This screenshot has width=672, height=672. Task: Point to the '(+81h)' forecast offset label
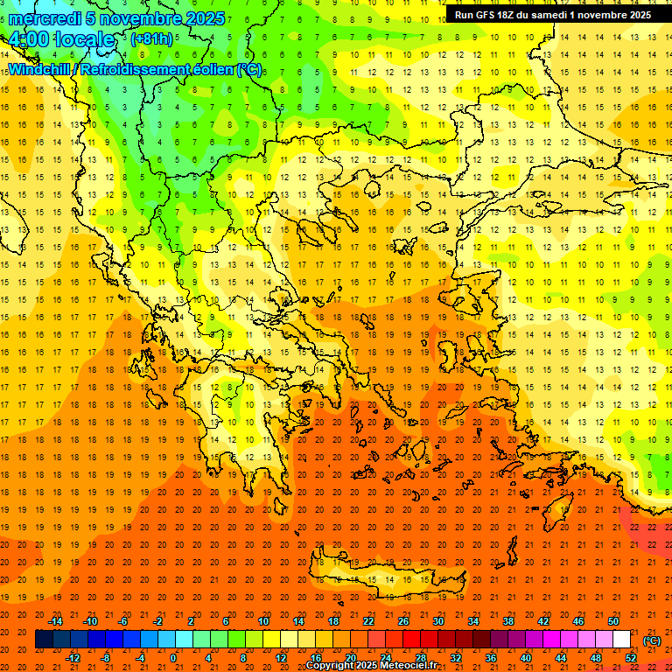coord(151,39)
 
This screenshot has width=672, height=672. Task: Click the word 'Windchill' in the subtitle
coord(41,70)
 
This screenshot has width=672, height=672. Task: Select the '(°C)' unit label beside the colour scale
coord(652,640)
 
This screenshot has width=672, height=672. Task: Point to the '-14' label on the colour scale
coord(56,621)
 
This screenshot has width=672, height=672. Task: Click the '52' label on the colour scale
coord(631,658)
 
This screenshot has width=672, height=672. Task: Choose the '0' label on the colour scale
coord(173,658)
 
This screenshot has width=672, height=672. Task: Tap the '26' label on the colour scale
coord(403,621)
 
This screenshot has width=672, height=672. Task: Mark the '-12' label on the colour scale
coord(73,658)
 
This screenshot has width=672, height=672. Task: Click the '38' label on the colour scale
coord(508,621)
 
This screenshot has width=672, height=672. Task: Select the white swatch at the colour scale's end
coord(622,640)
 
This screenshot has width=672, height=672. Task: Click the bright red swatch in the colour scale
coord(412,640)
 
